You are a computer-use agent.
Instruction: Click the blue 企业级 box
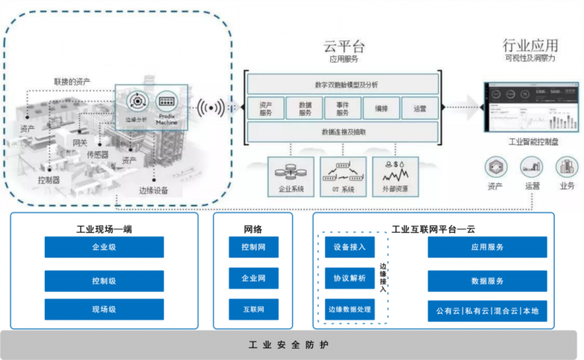click(x=104, y=247)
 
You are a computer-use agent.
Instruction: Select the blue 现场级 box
click(x=104, y=309)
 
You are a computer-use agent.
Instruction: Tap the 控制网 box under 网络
click(x=254, y=247)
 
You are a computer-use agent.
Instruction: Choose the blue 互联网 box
click(x=254, y=309)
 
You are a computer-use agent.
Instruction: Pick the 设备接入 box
click(x=350, y=247)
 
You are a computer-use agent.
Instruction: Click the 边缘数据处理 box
click(x=350, y=309)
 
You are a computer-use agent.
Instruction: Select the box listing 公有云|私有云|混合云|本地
click(x=487, y=309)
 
